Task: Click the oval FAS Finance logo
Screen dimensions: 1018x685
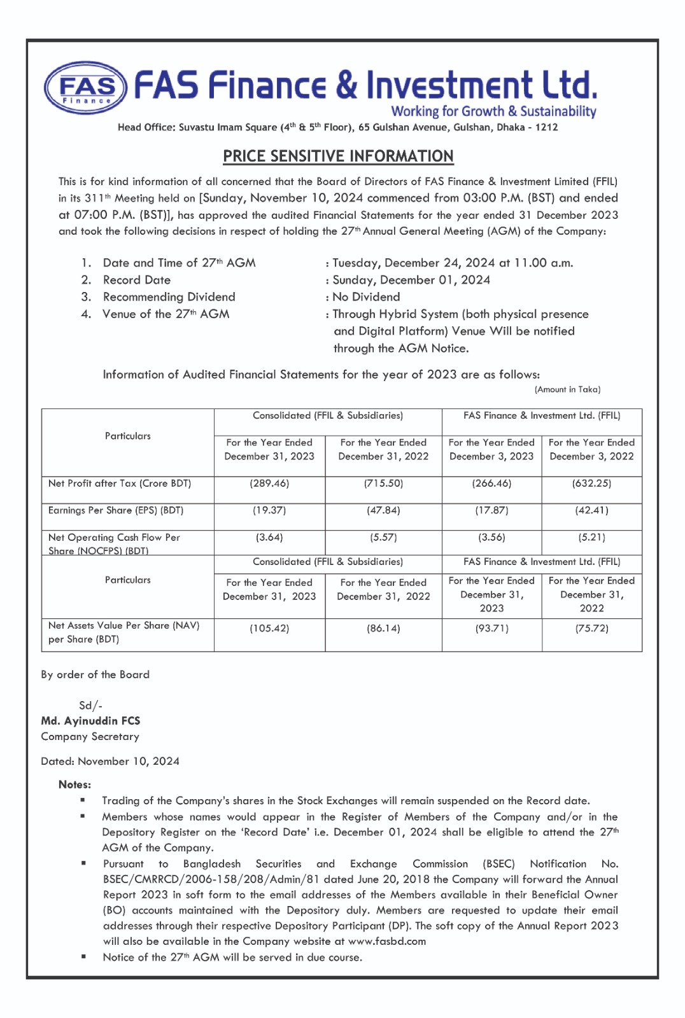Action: coord(86,88)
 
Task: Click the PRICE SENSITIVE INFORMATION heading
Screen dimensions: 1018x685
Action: coord(338,157)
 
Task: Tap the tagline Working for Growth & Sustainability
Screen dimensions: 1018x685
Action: coord(493,111)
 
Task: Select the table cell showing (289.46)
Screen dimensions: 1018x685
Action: coord(269,484)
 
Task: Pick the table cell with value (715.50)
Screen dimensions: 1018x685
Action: coord(383,484)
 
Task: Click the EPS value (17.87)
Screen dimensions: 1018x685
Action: coord(491,510)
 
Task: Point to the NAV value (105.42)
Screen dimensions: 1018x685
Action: coord(269,629)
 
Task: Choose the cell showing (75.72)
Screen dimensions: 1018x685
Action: coord(591,629)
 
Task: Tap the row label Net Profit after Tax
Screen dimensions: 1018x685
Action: coord(120,484)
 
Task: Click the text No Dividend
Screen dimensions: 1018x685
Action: coord(366,297)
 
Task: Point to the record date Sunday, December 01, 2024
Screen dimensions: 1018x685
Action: coord(411,280)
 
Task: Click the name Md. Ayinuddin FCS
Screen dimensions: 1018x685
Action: coord(90,721)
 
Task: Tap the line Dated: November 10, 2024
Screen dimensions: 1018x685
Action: coord(110,762)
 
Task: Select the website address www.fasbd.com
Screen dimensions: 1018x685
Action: coord(387,942)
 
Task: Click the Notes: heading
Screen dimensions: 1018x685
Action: coord(74,785)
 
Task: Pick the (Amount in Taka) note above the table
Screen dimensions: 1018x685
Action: coord(567,389)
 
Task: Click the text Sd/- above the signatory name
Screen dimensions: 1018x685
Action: coord(90,706)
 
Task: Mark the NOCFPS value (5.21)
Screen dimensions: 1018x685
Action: coord(591,538)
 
